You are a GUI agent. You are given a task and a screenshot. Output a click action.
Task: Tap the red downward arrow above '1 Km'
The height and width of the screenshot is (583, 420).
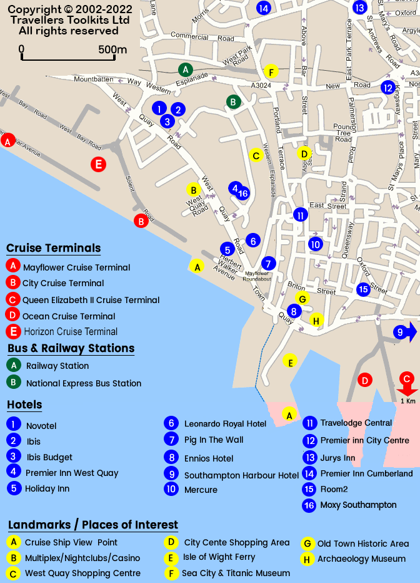407,390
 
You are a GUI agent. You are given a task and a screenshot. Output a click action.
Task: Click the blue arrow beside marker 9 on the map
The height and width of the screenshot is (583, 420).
412,333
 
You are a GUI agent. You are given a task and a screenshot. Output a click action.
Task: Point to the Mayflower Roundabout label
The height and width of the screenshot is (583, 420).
257,276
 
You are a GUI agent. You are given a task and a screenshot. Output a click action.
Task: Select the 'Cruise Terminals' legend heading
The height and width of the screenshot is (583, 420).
53,249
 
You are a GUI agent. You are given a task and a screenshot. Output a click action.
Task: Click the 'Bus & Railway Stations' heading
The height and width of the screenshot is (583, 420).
71,348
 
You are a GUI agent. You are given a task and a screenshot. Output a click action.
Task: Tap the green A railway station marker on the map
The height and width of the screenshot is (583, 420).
184,70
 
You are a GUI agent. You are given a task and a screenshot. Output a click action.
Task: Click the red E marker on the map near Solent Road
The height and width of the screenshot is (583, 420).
98,165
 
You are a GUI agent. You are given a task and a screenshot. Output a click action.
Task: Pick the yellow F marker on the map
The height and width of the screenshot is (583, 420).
271,71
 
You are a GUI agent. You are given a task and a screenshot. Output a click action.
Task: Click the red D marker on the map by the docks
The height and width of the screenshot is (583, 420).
365,380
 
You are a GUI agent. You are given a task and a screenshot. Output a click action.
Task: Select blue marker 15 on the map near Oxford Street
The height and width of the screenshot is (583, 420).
363,289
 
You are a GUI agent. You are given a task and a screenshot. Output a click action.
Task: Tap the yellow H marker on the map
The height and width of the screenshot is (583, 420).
316,321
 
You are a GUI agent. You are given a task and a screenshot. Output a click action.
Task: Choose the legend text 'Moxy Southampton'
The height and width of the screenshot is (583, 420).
358,505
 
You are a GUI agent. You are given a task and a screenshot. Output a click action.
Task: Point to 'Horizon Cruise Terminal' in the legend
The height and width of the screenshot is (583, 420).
71,332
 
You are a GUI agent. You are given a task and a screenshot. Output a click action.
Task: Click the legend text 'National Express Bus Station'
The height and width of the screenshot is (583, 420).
84,383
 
